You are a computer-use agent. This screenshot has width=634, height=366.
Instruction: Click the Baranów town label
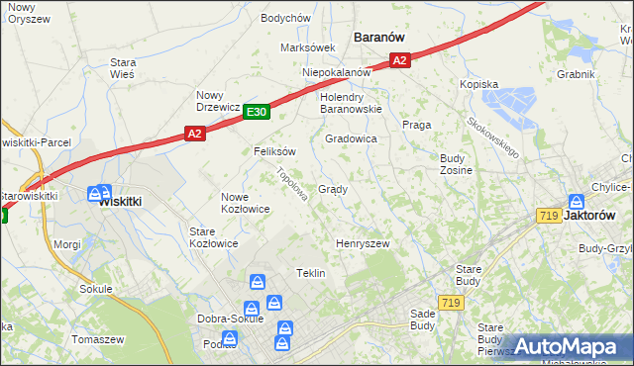[379, 37]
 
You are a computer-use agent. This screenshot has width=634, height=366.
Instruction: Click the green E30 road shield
[256, 113]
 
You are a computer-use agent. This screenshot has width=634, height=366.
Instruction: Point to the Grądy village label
[332, 189]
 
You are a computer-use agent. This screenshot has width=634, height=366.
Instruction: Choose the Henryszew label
[363, 243]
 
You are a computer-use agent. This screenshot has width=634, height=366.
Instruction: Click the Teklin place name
[310, 273]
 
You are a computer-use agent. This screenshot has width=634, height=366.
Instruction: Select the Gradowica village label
[351, 139]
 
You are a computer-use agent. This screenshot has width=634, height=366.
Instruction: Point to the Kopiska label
[477, 85]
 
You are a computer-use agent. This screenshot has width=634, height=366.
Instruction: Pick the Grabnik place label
[575, 74]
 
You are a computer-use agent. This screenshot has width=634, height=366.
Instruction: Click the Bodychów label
[285, 18]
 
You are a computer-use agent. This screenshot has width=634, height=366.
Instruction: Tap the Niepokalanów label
[336, 72]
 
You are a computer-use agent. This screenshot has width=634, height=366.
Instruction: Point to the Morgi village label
[67, 243]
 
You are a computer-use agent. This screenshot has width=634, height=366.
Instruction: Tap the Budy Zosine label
[456, 164]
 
